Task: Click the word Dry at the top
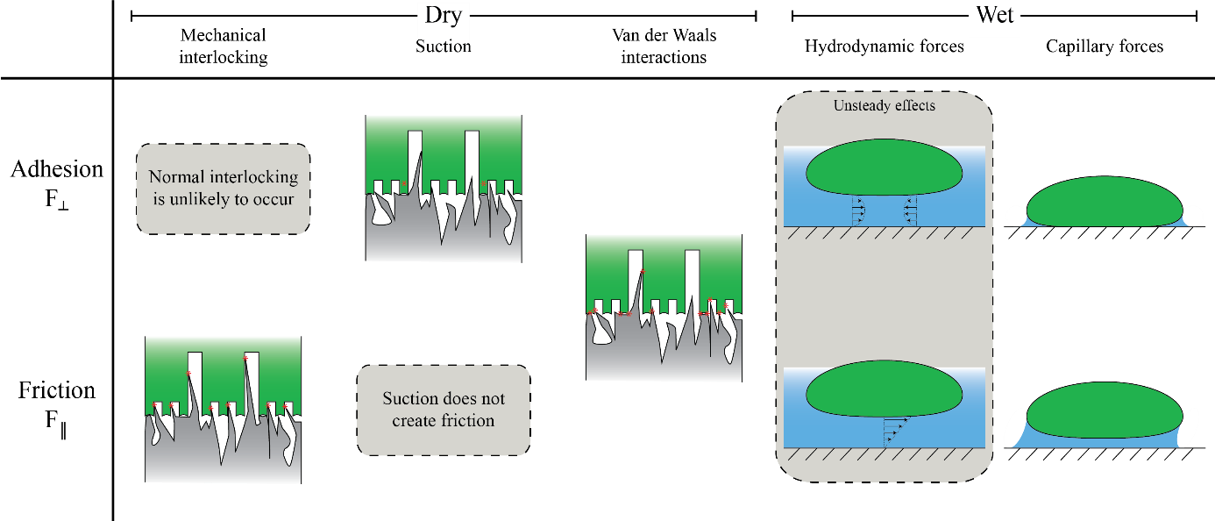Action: pyautogui.click(x=443, y=16)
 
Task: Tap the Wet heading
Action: pyautogui.click(x=994, y=16)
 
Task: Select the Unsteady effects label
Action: pyautogui.click(x=884, y=106)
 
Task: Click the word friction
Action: pyautogui.click(x=467, y=421)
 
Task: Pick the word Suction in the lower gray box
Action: pyautogui.click(x=411, y=399)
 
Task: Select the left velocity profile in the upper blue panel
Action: pyautogui.click(x=858, y=211)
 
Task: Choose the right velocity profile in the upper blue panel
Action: pyautogui.click(x=909, y=211)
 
